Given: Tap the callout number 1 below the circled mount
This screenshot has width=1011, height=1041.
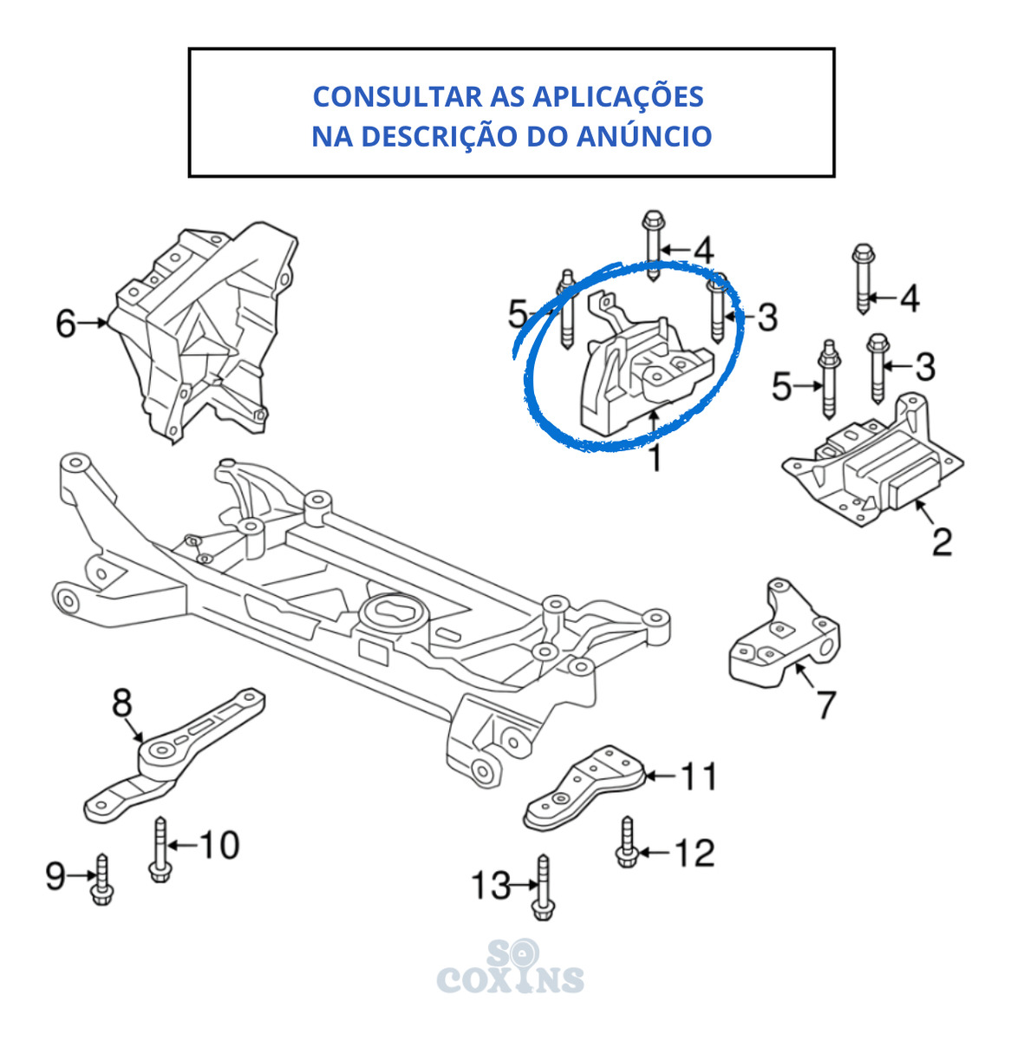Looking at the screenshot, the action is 655,458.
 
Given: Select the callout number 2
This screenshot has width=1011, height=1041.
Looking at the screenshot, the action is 942,542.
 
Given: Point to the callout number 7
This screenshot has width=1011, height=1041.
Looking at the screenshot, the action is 826,705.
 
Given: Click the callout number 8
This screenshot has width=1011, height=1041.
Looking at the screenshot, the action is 122,703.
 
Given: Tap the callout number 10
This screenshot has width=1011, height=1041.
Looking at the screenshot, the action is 219,845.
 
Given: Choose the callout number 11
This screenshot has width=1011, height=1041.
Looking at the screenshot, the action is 698,776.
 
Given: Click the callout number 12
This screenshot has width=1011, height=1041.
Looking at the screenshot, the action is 695,852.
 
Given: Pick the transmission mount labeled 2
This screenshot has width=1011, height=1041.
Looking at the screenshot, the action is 872,462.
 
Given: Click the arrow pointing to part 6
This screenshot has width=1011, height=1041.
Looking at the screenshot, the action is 92,323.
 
